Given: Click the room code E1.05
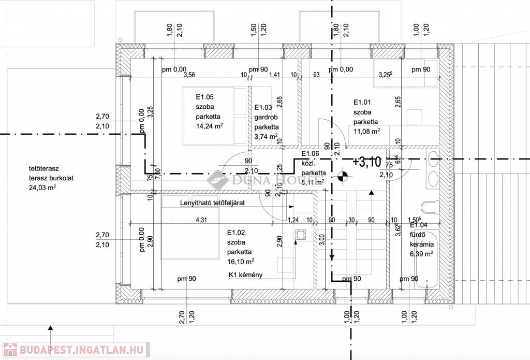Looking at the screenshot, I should (x=204, y=96).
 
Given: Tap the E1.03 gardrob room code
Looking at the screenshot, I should (x=263, y=108).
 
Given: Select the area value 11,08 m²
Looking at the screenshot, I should (x=366, y=132).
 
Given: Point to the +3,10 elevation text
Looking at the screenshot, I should (x=366, y=161).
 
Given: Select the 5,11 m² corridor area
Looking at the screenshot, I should (x=313, y=182).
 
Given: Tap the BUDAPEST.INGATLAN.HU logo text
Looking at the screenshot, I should (x=83, y=350).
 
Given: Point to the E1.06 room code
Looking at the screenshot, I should (x=310, y=153).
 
